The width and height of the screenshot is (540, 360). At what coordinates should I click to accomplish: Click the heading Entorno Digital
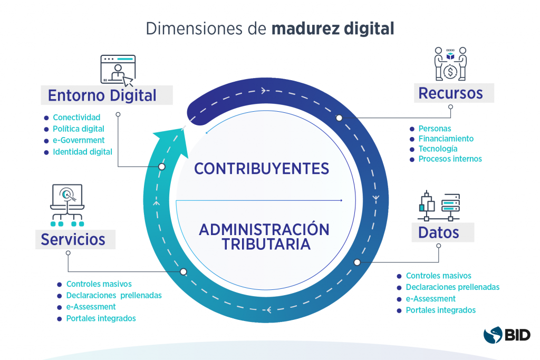click(102, 95)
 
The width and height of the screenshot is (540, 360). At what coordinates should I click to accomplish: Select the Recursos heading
click(450, 93)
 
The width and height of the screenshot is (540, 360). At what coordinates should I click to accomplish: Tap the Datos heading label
click(438, 232)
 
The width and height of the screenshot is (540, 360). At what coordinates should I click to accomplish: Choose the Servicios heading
click(73, 239)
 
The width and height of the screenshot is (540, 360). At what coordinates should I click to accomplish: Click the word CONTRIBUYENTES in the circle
click(262, 169)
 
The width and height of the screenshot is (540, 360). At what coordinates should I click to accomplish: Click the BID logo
click(507, 335)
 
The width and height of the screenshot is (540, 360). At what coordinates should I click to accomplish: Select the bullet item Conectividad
click(76, 117)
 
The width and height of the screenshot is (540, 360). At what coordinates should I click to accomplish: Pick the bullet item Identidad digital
click(82, 152)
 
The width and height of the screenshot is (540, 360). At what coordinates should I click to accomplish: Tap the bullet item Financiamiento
click(446, 139)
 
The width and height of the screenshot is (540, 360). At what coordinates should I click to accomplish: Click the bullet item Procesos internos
click(450, 159)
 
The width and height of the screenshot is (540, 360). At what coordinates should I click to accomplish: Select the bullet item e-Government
click(79, 140)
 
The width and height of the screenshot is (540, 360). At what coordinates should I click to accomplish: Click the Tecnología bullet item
click(438, 149)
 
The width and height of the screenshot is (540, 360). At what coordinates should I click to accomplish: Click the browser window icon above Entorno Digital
click(117, 70)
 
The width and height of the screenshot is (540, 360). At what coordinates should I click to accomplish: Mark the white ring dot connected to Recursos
click(339, 118)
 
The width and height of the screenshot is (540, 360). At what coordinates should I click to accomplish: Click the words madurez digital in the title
click(333, 28)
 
